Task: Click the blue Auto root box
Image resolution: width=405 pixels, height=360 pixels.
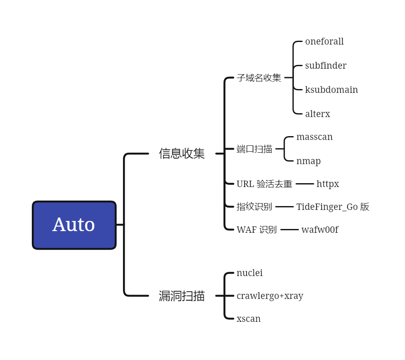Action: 74,225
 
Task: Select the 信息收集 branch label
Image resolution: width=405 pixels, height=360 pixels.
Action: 182,153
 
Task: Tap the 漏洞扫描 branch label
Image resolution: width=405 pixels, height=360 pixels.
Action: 182,296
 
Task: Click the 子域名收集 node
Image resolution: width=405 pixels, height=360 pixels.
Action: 259,78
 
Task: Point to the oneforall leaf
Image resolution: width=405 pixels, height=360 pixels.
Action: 324,42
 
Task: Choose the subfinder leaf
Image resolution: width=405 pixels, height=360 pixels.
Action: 326,66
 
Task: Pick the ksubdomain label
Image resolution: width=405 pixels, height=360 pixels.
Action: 331,90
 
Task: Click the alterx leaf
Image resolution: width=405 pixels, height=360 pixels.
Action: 317,114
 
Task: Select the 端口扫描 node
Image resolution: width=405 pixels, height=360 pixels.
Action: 254,149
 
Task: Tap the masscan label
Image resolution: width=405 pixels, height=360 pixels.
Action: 314,137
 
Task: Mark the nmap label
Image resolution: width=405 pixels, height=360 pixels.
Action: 308,161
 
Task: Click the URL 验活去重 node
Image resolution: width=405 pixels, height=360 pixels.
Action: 264,184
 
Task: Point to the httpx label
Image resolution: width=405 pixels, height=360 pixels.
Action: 327,184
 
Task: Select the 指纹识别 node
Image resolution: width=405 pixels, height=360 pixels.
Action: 254,207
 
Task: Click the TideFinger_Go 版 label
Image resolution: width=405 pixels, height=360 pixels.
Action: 332,207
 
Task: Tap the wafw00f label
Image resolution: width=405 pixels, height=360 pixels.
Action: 320,230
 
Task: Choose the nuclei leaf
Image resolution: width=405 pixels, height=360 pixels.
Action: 249,273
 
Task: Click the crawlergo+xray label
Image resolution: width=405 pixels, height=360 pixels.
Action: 270,296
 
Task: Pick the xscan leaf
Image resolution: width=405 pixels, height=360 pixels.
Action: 249,319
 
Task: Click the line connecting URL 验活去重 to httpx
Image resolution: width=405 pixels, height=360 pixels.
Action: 304,184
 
